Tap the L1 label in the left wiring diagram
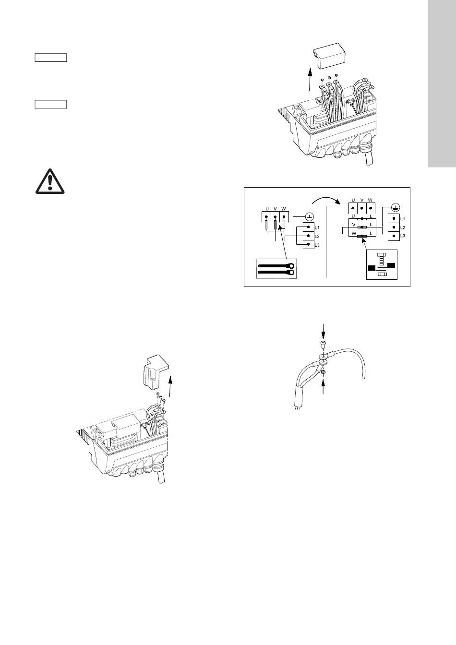[x=317, y=227]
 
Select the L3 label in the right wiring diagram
[x=403, y=236]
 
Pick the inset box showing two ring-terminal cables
[x=276, y=269]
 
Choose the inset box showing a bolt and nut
[x=382, y=264]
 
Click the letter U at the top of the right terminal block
[x=353, y=200]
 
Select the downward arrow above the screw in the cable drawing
[x=323, y=331]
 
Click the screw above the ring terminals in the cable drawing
[x=323, y=344]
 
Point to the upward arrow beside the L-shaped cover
[x=170, y=386]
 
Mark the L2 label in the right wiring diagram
[x=403, y=227]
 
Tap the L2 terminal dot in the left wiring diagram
[x=308, y=236]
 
